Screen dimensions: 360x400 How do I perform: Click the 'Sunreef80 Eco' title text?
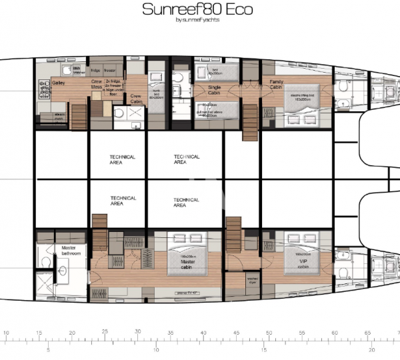click(199, 10)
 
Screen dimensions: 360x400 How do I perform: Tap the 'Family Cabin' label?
click(276, 85)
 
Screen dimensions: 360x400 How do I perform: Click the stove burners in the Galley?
click(45, 87)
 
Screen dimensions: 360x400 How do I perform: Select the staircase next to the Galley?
click(79, 116)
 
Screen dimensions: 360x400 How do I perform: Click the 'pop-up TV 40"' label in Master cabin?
click(180, 293)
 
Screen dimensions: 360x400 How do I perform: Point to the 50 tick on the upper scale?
click(269, 331)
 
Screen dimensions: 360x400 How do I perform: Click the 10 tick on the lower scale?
click(156, 348)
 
